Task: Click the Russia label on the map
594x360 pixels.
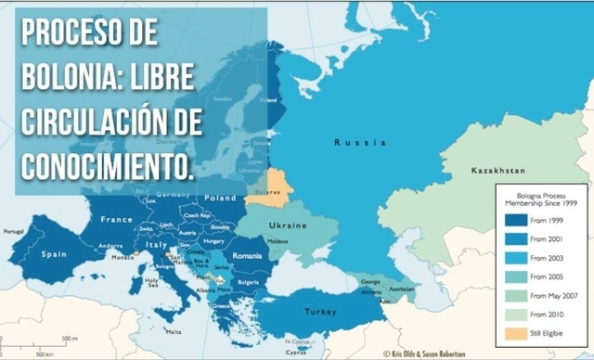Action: pyautogui.click(x=358, y=143)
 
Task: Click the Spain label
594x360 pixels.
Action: pyautogui.click(x=52, y=253)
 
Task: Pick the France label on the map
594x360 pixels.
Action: pyautogui.click(x=116, y=220)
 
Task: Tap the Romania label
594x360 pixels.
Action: pyautogui.click(x=249, y=254)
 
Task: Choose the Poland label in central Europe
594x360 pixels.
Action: pyautogui.click(x=220, y=198)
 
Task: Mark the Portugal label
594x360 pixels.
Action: pyautogui.click(x=12, y=231)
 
